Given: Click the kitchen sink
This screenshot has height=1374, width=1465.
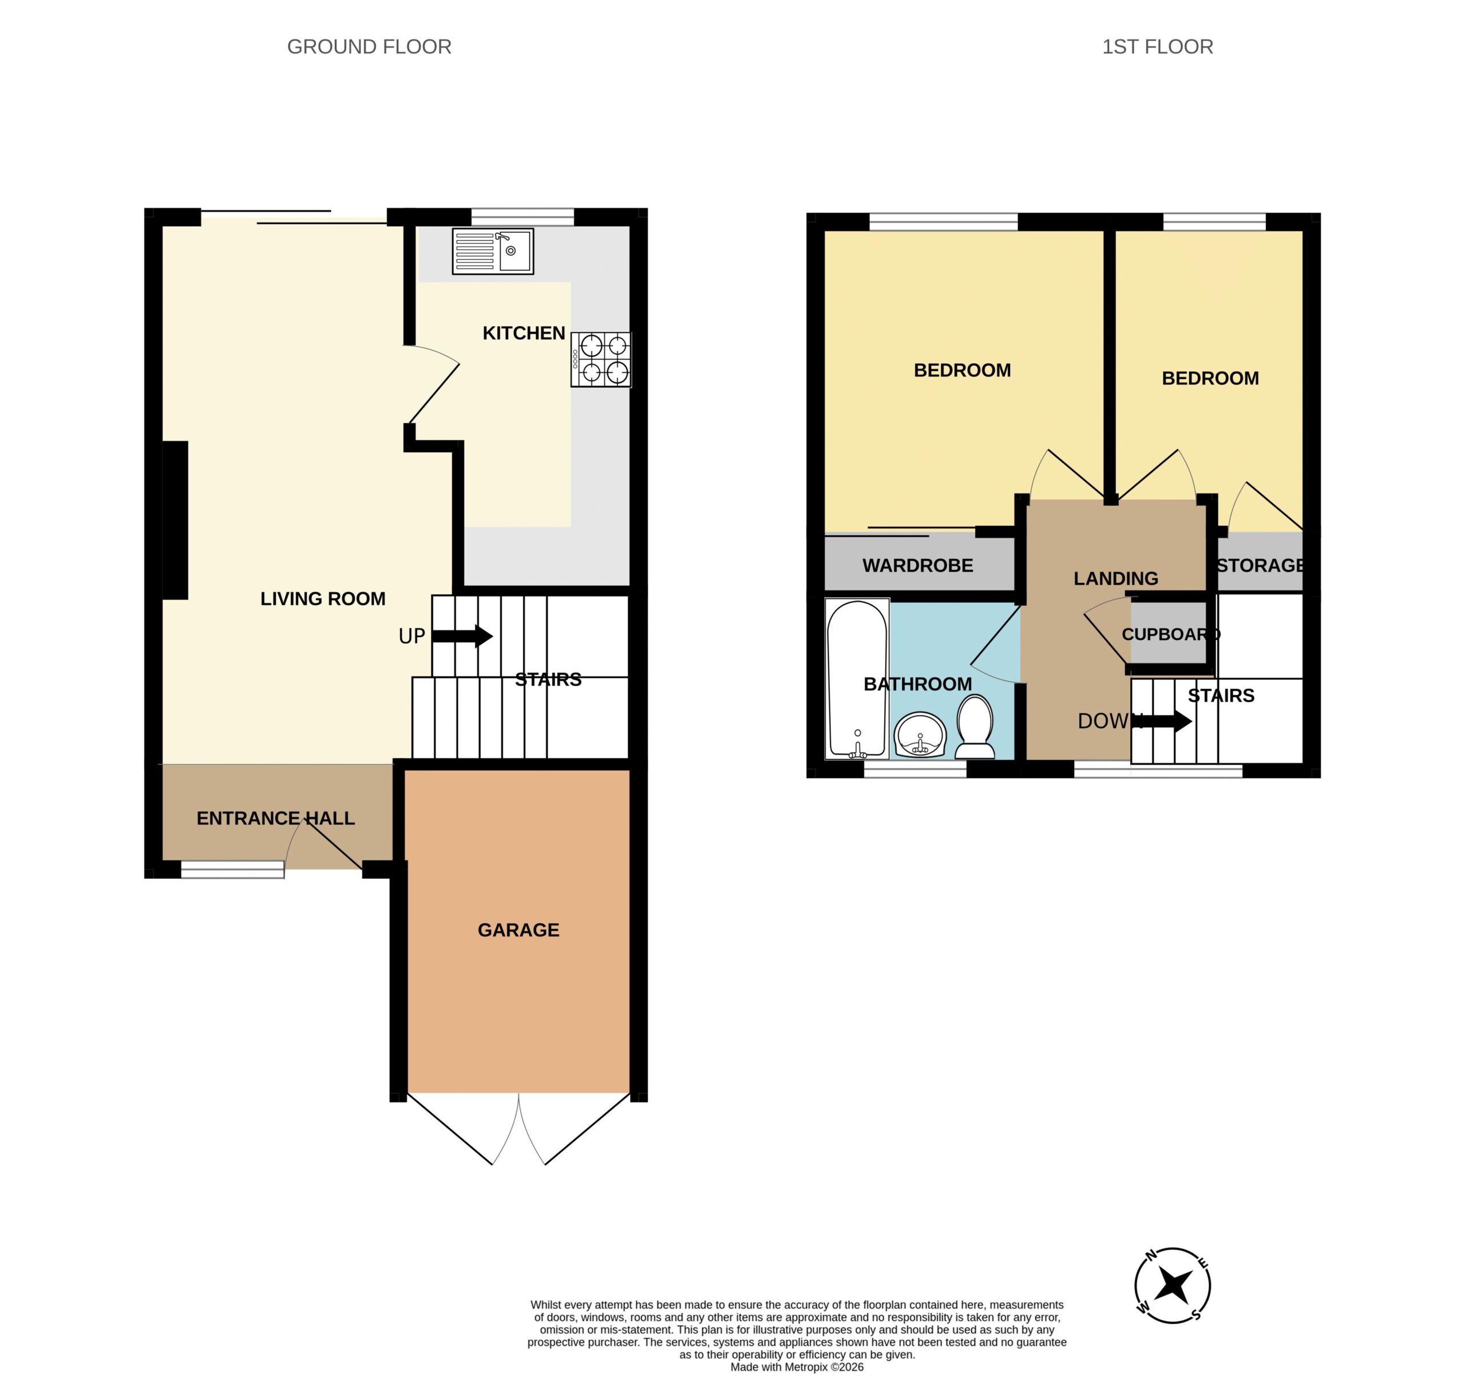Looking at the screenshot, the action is [x=492, y=251].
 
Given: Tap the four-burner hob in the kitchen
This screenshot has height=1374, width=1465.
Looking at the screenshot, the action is [x=600, y=360].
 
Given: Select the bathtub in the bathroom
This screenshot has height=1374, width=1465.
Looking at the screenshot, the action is [x=857, y=679].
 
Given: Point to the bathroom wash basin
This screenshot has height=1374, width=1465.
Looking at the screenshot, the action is [x=920, y=734].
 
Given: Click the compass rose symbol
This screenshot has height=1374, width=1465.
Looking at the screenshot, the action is [x=1171, y=1285].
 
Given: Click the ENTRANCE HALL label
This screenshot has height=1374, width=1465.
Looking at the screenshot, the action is [x=276, y=819].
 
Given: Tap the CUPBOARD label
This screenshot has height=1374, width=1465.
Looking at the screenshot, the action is [x=1171, y=634].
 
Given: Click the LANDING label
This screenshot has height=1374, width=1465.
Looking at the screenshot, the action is [x=1116, y=579].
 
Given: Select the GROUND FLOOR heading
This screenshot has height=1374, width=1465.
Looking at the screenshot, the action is [x=369, y=47].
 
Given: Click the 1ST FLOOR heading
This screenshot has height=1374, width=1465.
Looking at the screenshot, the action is [x=1158, y=47].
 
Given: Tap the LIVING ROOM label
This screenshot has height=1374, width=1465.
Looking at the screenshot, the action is [x=323, y=599].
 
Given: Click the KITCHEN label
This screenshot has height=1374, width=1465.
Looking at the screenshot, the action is [x=524, y=333].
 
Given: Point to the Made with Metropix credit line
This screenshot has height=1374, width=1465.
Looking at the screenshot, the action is [x=797, y=1367].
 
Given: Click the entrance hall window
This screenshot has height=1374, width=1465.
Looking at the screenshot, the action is [x=232, y=870].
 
